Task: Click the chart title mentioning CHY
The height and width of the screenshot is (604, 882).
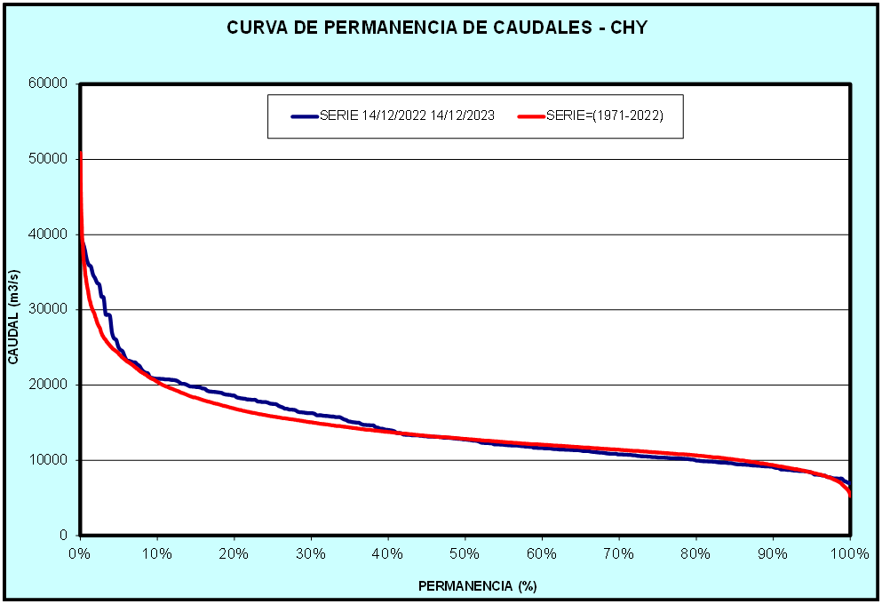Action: pos(437,28)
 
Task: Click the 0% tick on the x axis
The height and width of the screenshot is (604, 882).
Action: pos(80,553)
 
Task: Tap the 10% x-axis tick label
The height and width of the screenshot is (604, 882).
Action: pos(156,553)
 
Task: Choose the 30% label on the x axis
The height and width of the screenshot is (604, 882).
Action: pos(311,553)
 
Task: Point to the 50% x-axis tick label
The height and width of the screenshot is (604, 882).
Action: pos(465,553)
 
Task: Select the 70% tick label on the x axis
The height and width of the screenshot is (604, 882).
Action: pos(618,553)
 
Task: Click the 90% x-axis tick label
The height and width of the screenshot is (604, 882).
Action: pos(773,553)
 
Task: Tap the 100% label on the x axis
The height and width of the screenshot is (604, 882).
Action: pos(849,553)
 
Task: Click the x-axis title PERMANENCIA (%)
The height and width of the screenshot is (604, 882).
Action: pos(478,586)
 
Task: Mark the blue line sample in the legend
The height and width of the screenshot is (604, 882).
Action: pos(304,116)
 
